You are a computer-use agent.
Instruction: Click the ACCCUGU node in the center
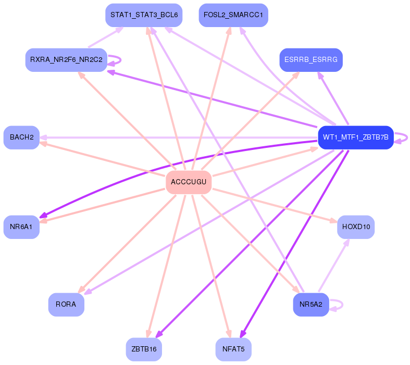[189, 182]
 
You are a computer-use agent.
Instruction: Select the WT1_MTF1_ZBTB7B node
[355, 137]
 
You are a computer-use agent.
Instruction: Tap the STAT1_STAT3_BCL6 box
[144, 16]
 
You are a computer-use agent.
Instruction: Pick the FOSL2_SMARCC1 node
[233, 16]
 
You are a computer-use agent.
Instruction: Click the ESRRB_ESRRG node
[310, 60]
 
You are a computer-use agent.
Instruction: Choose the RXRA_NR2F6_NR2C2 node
[66, 60]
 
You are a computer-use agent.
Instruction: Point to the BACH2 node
[21, 137]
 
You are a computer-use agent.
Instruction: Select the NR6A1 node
[21, 227]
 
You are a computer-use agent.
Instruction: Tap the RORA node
[66, 305]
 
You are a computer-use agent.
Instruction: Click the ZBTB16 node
[144, 349]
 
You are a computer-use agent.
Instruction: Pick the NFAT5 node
[233, 349]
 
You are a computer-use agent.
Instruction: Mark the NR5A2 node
[311, 305]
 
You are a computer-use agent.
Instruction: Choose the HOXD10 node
[356, 227]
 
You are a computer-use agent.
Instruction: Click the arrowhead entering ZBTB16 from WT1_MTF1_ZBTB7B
[159, 335]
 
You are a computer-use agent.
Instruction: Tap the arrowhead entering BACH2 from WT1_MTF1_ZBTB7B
[43, 137]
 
